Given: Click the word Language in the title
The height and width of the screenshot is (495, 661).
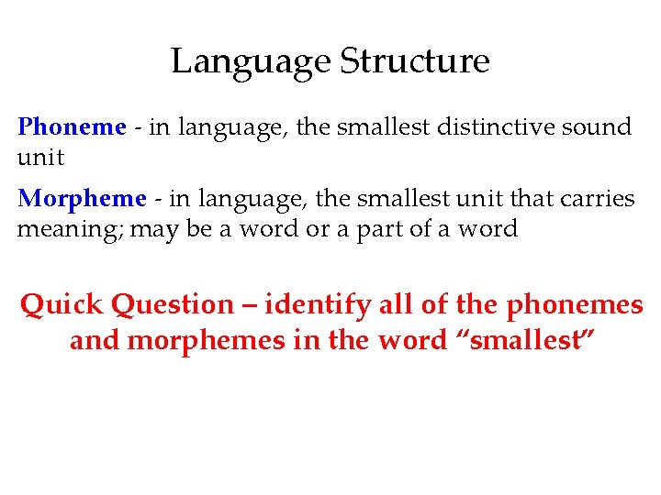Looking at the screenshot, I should point(251,62).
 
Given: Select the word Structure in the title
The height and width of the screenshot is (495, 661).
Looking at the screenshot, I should point(415,62).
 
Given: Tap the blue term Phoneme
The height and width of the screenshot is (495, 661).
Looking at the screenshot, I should point(71,126).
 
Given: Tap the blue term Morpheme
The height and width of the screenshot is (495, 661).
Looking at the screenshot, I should point(82,198).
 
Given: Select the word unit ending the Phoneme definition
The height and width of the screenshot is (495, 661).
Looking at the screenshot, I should point(40,158).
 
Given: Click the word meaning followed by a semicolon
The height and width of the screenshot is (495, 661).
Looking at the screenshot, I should point(71,229).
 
